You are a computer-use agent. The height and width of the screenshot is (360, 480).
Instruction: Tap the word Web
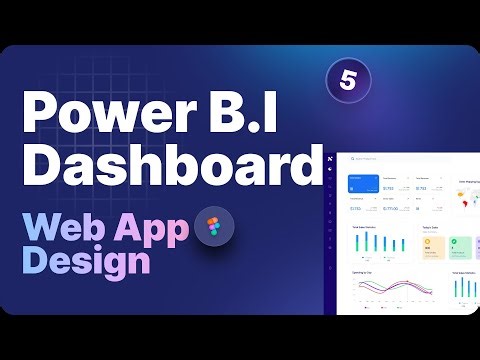click(x=66, y=228)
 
